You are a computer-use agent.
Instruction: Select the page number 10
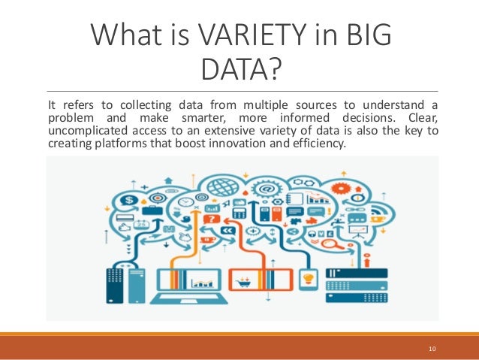pos(432,349)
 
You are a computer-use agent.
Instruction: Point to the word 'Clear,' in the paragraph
pos(417,119)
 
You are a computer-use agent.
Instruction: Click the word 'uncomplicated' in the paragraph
pos(80,132)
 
